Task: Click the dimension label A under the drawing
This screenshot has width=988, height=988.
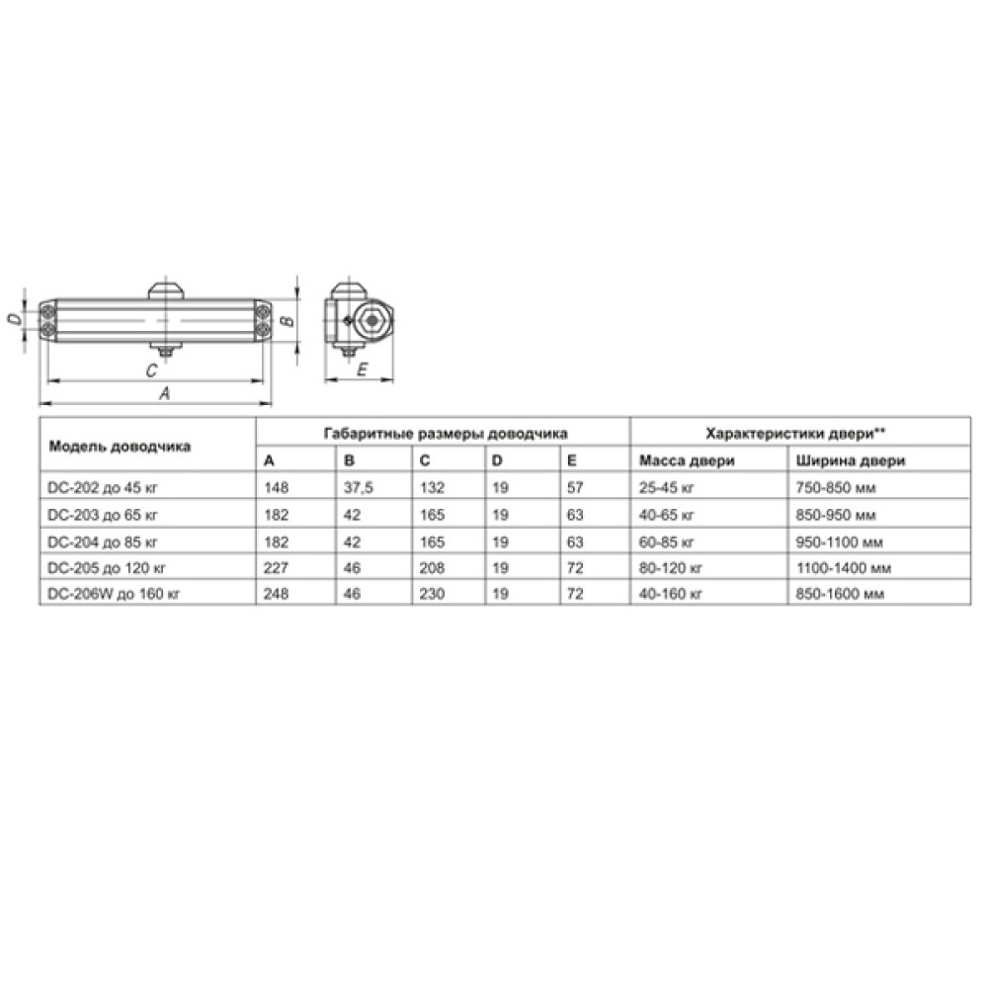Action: coord(164,393)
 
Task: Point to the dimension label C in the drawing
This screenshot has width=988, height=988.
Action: coord(151,370)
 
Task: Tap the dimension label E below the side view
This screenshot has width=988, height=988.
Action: coord(362,370)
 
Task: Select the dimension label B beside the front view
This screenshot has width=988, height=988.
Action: coord(288,321)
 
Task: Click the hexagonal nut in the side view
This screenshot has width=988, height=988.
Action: coord(371,321)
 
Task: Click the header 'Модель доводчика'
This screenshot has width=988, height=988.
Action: coord(120,447)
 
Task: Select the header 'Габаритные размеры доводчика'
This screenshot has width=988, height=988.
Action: coord(446,434)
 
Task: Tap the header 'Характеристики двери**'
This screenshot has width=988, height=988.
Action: coord(795,434)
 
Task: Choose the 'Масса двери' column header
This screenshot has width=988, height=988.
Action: coord(687,460)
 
